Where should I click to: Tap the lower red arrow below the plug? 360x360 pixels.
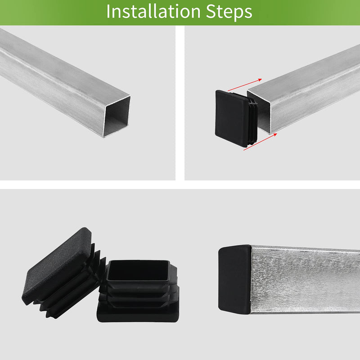259,143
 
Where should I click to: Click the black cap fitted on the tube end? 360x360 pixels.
234,279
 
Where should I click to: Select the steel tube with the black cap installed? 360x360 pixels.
306,279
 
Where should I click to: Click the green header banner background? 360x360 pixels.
306,12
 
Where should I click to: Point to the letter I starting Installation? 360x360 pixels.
108,12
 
